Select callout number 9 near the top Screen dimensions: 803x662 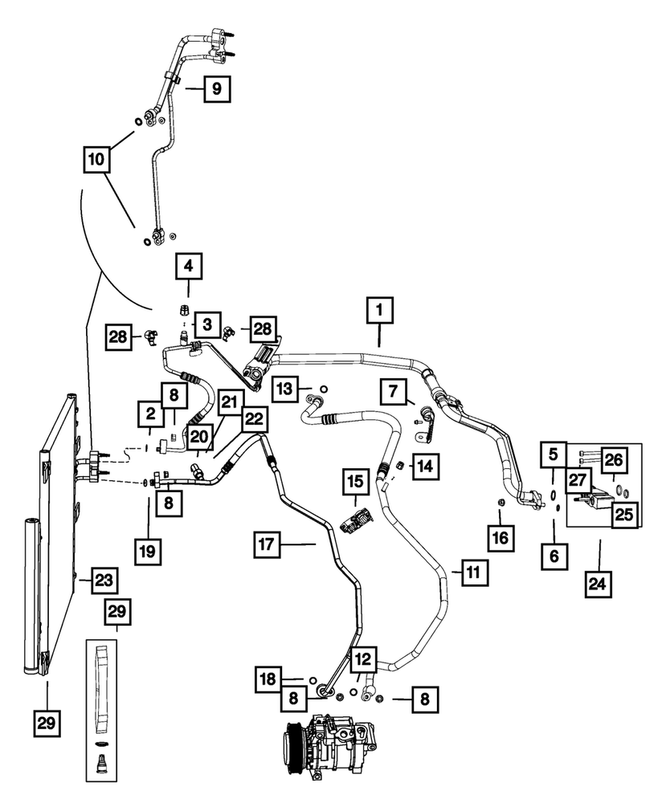(x=215, y=88)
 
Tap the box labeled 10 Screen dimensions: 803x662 (x=98, y=160)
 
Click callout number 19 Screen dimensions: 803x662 (x=149, y=552)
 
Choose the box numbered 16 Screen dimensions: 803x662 (x=500, y=537)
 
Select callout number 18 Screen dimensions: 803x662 (x=270, y=679)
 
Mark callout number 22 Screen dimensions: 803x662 (x=254, y=418)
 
